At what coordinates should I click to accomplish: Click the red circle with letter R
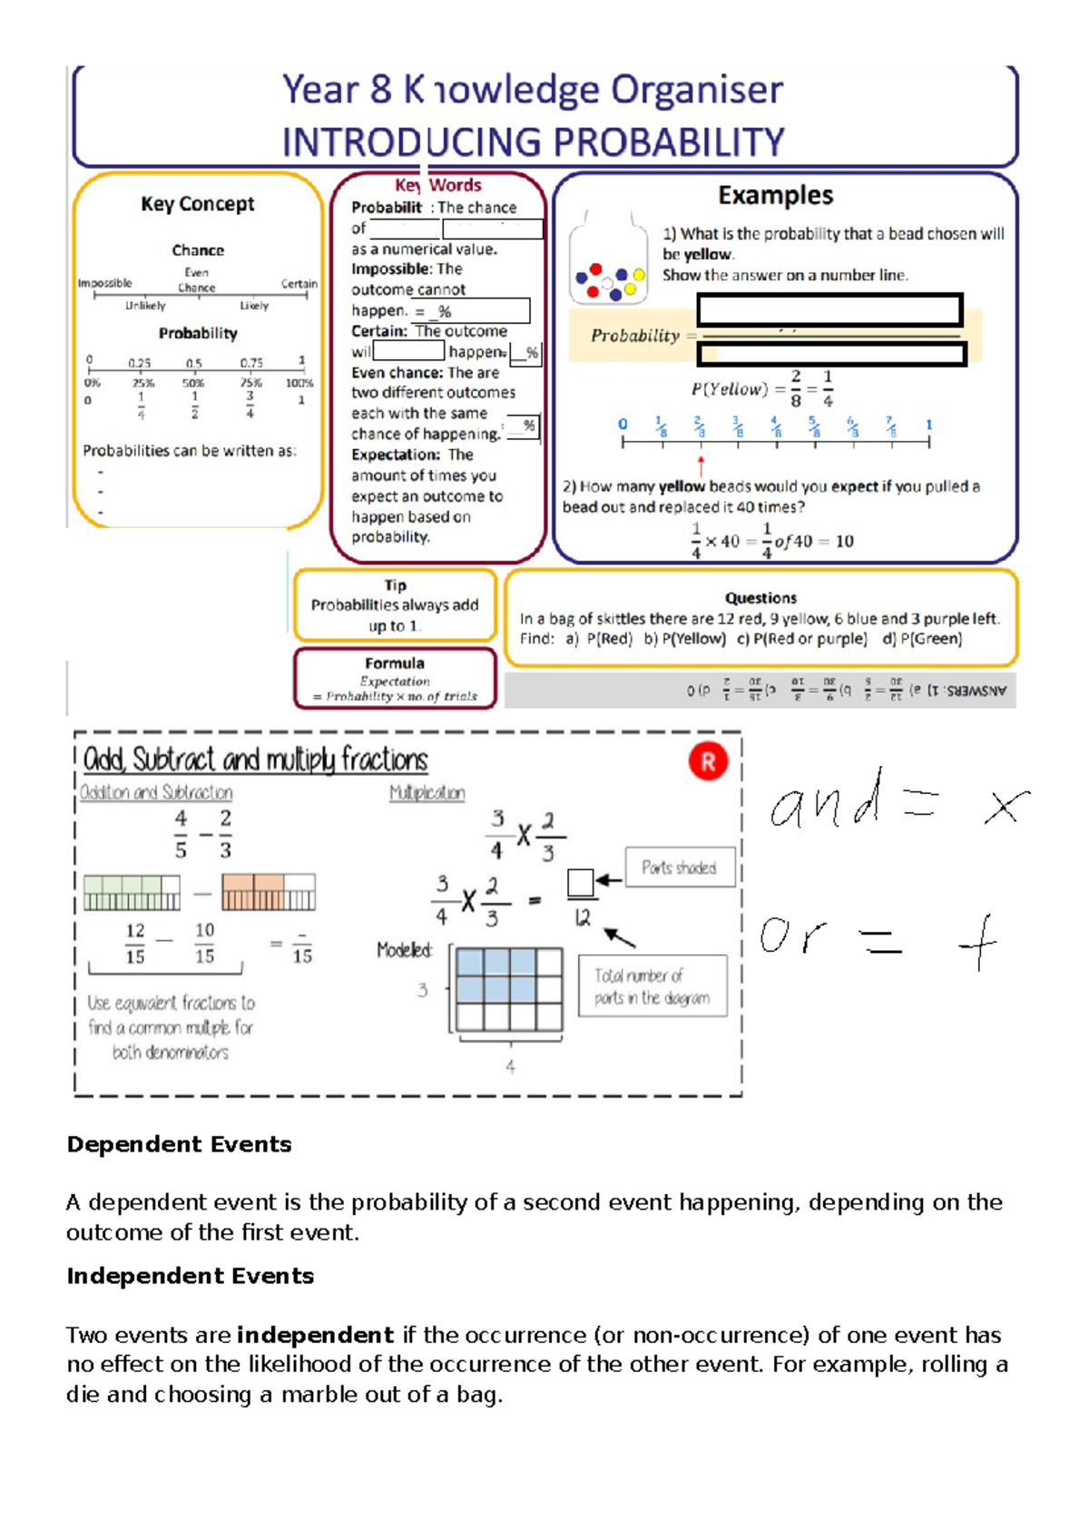pyautogui.click(x=708, y=762)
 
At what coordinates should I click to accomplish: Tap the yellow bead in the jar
pyautogui.click(x=639, y=275)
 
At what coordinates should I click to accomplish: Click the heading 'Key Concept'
pyautogui.click(x=198, y=204)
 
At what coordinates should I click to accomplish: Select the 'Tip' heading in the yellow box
pyautogui.click(x=396, y=585)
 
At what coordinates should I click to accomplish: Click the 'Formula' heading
pyautogui.click(x=395, y=663)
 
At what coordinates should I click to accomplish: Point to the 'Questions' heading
pyautogui.click(x=760, y=598)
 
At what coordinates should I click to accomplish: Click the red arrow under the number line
pyautogui.click(x=701, y=466)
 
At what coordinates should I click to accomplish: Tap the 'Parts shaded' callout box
pyautogui.click(x=679, y=868)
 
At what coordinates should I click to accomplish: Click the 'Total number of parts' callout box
pyautogui.click(x=652, y=986)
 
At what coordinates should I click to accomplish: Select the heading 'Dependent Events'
pyautogui.click(x=179, y=1144)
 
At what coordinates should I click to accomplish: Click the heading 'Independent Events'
pyautogui.click(x=190, y=1276)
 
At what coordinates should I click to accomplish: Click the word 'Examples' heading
pyautogui.click(x=775, y=195)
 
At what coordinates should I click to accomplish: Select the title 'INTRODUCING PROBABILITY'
pyautogui.click(x=533, y=142)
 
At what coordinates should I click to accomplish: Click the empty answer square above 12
pyautogui.click(x=580, y=882)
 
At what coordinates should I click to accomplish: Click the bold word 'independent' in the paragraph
pyautogui.click(x=315, y=1335)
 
